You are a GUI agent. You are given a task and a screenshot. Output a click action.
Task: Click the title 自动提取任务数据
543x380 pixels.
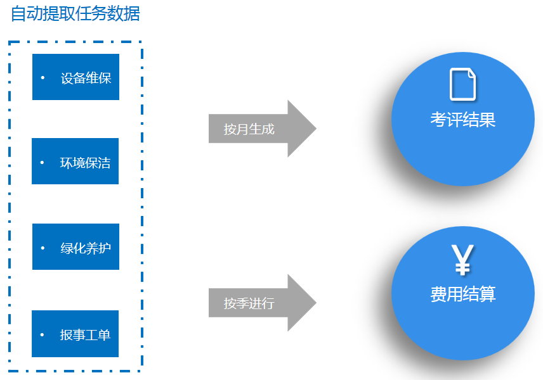[75, 14]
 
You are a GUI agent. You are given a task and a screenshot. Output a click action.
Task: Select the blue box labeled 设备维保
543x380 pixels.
[76, 77]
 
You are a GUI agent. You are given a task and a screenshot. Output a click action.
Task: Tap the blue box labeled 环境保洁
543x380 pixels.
[75, 161]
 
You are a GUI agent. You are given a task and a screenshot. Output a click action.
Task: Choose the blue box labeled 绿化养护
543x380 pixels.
[76, 246]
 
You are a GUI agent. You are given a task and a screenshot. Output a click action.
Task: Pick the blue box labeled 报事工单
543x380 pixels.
[75, 334]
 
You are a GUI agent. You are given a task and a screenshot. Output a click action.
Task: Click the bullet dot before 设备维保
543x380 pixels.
[43, 77]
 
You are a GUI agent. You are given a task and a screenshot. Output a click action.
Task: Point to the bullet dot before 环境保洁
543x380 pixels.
[42, 162]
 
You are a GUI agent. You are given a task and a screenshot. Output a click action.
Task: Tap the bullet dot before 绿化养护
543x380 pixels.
[43, 248]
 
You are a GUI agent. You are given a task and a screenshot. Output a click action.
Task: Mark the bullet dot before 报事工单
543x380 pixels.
[42, 334]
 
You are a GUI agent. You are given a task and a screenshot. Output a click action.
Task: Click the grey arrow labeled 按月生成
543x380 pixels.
[263, 129]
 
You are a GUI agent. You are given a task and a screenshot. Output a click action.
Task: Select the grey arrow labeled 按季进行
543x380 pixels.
[263, 303]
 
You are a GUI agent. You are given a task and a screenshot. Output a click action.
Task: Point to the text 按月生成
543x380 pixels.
[249, 129]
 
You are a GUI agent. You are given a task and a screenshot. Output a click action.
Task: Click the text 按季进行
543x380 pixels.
[249, 303]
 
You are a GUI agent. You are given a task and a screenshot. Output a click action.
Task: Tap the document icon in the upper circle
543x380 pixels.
[462, 84]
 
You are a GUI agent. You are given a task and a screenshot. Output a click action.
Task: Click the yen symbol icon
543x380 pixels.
[462, 260]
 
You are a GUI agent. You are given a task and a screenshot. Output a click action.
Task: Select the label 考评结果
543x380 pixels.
[462, 120]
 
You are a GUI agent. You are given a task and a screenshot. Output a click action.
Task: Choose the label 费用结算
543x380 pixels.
[462, 294]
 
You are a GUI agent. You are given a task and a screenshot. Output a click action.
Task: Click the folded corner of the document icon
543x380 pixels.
[472, 73]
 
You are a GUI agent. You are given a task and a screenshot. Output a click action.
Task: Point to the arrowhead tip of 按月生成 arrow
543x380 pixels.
[317, 129]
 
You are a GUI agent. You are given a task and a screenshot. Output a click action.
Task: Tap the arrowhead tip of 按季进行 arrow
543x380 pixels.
[317, 303]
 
